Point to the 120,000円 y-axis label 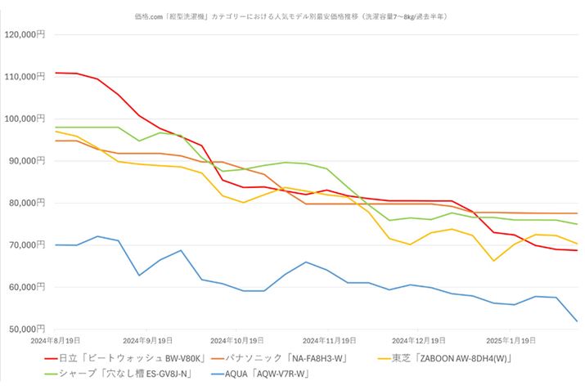coord(25,34)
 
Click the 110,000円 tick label coord(25,77)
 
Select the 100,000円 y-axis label coord(25,119)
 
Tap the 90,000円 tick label coord(27,161)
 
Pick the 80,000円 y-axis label coord(27,203)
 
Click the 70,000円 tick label coord(27,245)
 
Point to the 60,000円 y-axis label coord(27,287)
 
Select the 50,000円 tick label coord(27,329)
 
